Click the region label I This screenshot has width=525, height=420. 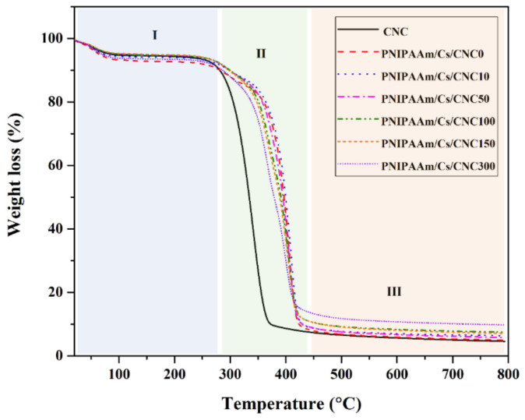click(x=154, y=34)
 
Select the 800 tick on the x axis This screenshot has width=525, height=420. click(x=507, y=372)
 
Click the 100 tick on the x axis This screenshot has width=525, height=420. click(x=118, y=372)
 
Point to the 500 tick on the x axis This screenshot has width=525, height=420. click(x=340, y=372)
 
